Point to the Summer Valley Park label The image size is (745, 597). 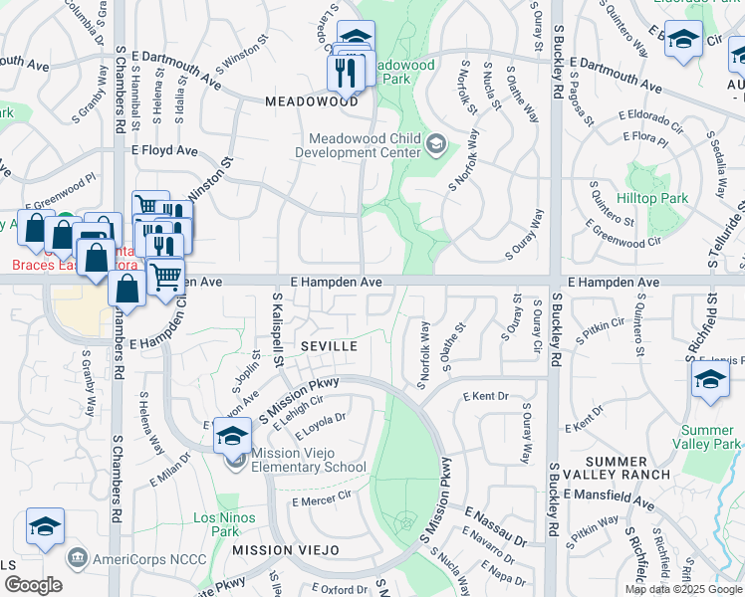(707, 436)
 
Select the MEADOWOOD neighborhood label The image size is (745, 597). (312, 101)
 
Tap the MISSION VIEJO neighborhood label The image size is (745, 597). (286, 550)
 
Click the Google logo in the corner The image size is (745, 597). (33, 585)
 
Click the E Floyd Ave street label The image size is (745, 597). (165, 150)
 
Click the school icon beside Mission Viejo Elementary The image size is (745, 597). (232, 436)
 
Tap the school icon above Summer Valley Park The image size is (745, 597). (709, 379)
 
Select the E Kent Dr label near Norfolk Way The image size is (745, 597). (486, 397)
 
